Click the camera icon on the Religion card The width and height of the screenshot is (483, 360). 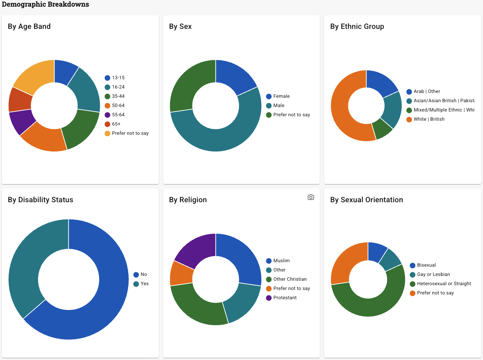pyautogui.click(x=311, y=197)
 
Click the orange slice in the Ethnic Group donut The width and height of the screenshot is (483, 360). pyautogui.click(x=342, y=111)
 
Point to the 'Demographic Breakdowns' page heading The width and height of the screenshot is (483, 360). pyautogui.click(x=46, y=4)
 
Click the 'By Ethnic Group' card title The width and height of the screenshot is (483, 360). pyautogui.click(x=357, y=26)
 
